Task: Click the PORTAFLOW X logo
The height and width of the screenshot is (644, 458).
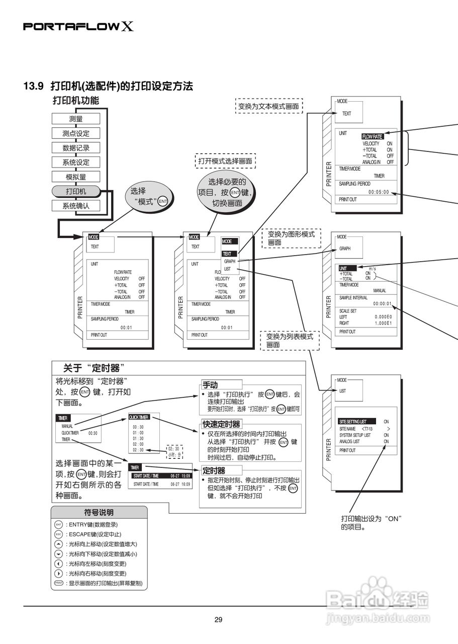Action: (x=78, y=26)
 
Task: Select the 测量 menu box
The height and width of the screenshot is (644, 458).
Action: (x=76, y=119)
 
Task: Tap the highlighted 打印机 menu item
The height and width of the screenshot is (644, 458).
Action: (x=76, y=191)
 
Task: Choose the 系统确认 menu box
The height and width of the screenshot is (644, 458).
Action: (x=76, y=205)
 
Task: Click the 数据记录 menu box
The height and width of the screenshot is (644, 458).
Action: (x=76, y=148)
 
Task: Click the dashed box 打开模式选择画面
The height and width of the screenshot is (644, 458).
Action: (x=225, y=162)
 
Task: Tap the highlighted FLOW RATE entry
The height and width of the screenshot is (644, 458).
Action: (x=373, y=136)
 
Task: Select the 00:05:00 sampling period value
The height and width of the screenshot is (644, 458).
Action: (x=379, y=192)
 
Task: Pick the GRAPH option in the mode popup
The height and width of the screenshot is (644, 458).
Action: (x=230, y=262)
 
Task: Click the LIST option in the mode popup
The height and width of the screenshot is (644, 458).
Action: (x=227, y=269)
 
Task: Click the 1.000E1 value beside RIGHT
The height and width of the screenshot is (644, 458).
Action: (x=383, y=323)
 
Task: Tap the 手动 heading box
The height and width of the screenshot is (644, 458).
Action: (x=210, y=385)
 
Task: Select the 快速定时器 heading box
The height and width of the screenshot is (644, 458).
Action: (x=221, y=424)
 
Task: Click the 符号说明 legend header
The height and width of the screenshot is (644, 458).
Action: (x=99, y=513)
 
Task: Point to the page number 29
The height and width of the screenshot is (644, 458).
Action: (x=218, y=620)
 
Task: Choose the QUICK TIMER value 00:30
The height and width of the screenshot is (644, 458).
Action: (x=93, y=433)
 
